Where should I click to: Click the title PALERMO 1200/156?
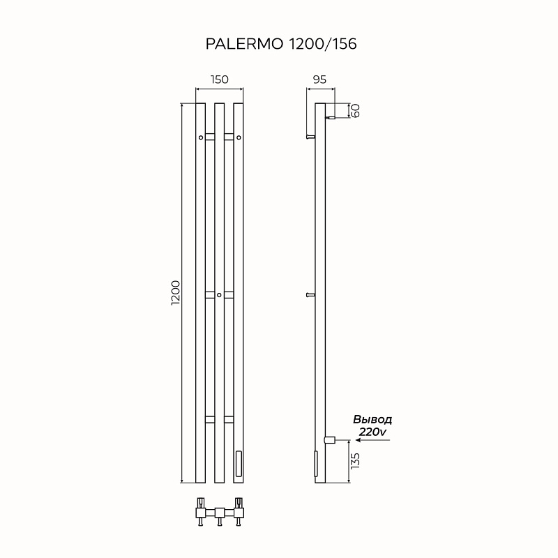tap(281, 44)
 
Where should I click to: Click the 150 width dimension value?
tap(219, 80)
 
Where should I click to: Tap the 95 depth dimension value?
tap(319, 80)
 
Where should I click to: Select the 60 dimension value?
tap(355, 110)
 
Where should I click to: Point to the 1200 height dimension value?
tap(176, 293)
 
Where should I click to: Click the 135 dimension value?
tap(355, 461)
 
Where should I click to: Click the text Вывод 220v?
tap(372, 425)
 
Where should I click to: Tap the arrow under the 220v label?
tap(373, 440)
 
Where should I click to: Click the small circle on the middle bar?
tap(219, 295)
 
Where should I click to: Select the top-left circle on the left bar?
tap(201, 137)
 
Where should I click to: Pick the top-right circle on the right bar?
tap(239, 137)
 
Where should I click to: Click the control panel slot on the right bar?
tap(239, 463)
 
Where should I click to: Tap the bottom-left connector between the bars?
tap(210, 420)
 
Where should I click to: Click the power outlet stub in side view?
tap(329, 440)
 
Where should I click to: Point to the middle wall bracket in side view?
tap(310, 294)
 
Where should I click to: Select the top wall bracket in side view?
tap(310, 137)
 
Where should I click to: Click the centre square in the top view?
tap(220, 513)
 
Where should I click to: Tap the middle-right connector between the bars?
tap(229, 295)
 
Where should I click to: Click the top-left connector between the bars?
tap(210, 137)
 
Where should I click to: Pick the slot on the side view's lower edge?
tap(316, 464)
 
